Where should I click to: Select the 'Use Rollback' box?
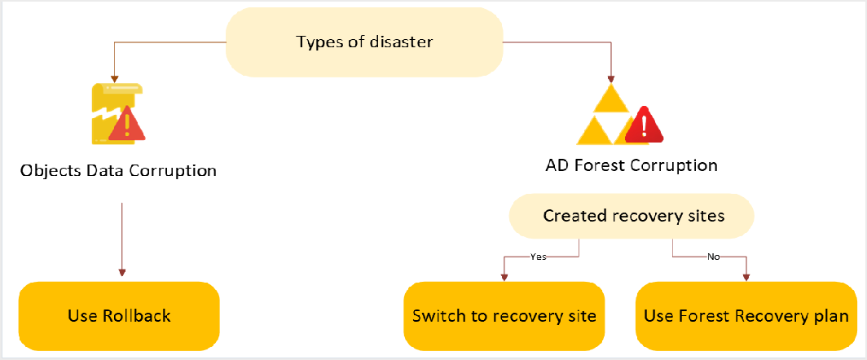pyautogui.click(x=119, y=315)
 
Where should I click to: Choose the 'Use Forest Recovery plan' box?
pyautogui.click(x=746, y=315)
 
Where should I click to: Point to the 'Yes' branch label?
pyautogui.click(x=539, y=256)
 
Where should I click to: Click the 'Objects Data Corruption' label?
pyautogui.click(x=118, y=170)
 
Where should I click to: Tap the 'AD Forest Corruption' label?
pyautogui.click(x=631, y=166)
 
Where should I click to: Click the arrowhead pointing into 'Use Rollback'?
pyautogui.click(x=121, y=274)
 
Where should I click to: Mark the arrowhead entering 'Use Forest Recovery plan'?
pyautogui.click(x=746, y=277)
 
